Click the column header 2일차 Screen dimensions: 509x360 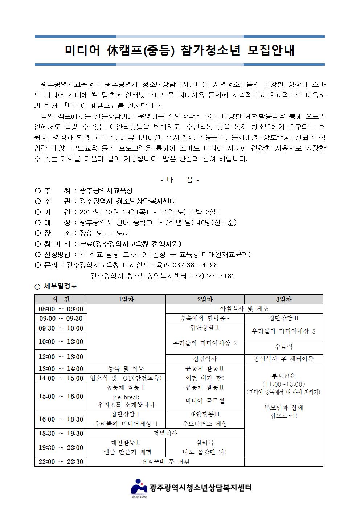pos(205,300)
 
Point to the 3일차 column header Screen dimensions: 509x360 pos(283,300)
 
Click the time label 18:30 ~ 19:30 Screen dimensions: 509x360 pos(61,433)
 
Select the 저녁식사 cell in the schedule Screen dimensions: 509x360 pos(165,433)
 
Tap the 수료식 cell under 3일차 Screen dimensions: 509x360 pos(283,347)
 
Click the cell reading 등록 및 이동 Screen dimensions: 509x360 pos(126,369)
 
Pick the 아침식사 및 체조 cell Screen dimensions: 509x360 pos(244,309)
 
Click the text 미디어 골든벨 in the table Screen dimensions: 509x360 pos(205,401)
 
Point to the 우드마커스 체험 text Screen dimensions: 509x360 pos(205,424)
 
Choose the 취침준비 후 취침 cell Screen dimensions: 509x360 pos(165,461)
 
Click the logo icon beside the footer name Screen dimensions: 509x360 pos(139,486)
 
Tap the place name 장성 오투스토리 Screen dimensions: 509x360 pos(104,233)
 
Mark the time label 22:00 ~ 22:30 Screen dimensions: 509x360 pos(61,461)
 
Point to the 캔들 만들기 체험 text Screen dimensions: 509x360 pos(126,452)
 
